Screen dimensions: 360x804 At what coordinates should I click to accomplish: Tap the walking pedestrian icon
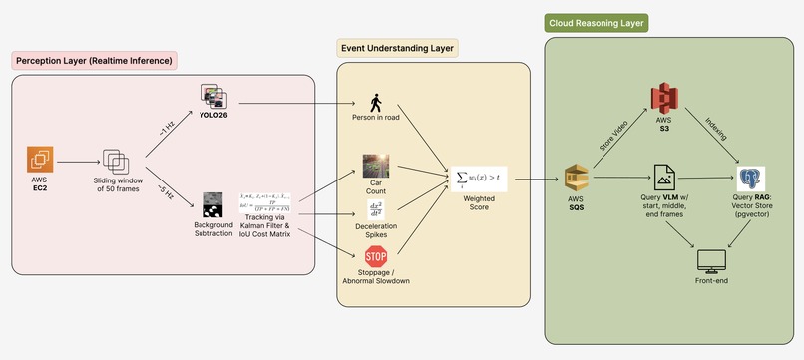pos(376,103)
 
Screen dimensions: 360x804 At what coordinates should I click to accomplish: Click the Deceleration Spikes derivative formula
pos(376,210)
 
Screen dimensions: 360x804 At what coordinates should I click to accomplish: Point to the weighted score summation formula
pos(481,178)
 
